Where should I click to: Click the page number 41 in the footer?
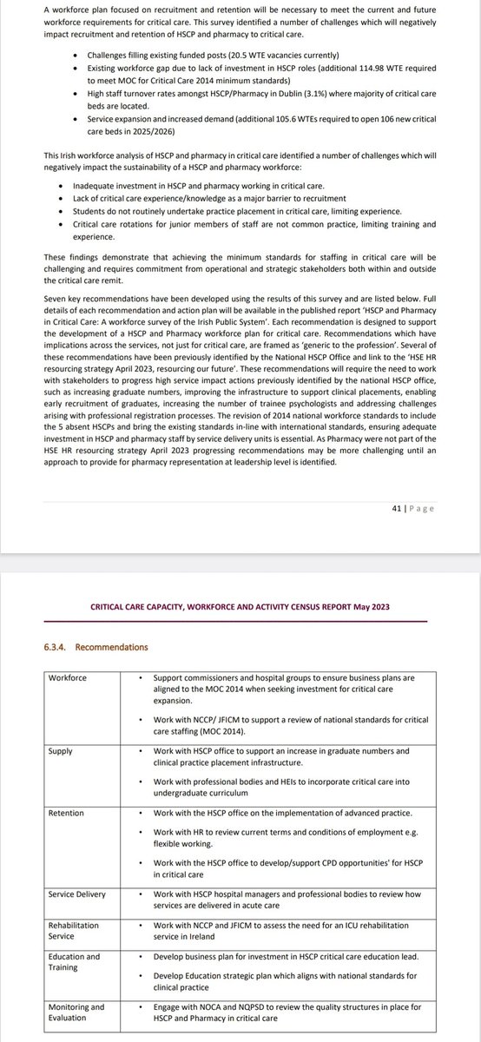click(x=396, y=509)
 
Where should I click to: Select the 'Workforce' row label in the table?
click(x=68, y=677)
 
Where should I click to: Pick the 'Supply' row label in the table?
click(x=61, y=749)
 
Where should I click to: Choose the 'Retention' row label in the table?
click(x=67, y=812)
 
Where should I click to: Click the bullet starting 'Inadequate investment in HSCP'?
click(x=187, y=199)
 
